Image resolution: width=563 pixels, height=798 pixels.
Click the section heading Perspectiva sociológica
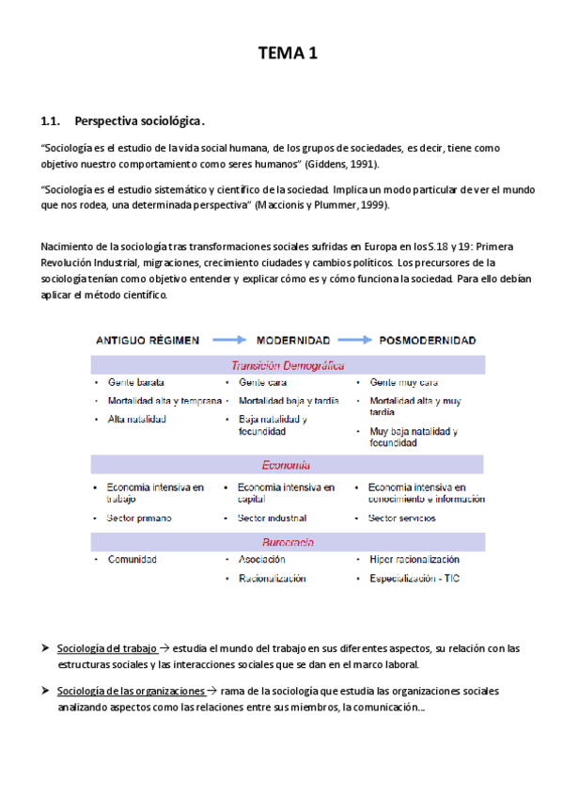(138, 121)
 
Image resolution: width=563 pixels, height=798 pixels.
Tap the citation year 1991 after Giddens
(362, 163)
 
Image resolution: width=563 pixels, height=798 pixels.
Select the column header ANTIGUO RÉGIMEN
(147, 340)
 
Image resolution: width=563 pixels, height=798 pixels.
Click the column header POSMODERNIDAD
(427, 340)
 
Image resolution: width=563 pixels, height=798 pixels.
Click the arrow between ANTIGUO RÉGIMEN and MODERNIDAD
(228, 340)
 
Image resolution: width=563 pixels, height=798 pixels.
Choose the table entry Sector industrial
(274, 518)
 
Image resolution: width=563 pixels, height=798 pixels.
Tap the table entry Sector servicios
(404, 518)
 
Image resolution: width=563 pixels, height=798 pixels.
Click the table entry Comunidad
(132, 559)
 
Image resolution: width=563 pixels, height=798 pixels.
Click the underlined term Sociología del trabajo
(107, 648)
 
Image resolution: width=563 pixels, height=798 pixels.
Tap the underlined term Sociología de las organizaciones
(130, 691)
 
